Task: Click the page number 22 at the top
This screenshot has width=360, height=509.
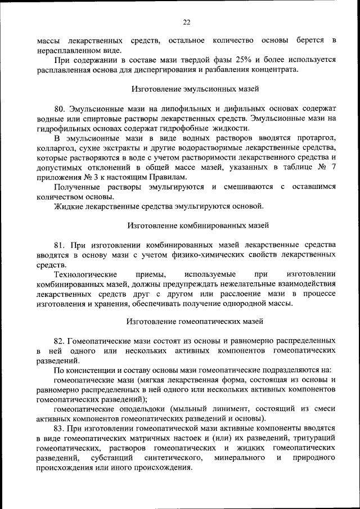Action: point(187,22)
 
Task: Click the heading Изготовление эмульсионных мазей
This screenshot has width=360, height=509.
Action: point(195,89)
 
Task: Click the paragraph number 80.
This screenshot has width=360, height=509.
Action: point(60,107)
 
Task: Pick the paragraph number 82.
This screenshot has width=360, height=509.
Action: point(60,341)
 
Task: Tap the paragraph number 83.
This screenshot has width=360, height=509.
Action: point(60,428)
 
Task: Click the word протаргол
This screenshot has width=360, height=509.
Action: point(315,137)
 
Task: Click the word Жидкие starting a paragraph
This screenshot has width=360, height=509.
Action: point(67,206)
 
